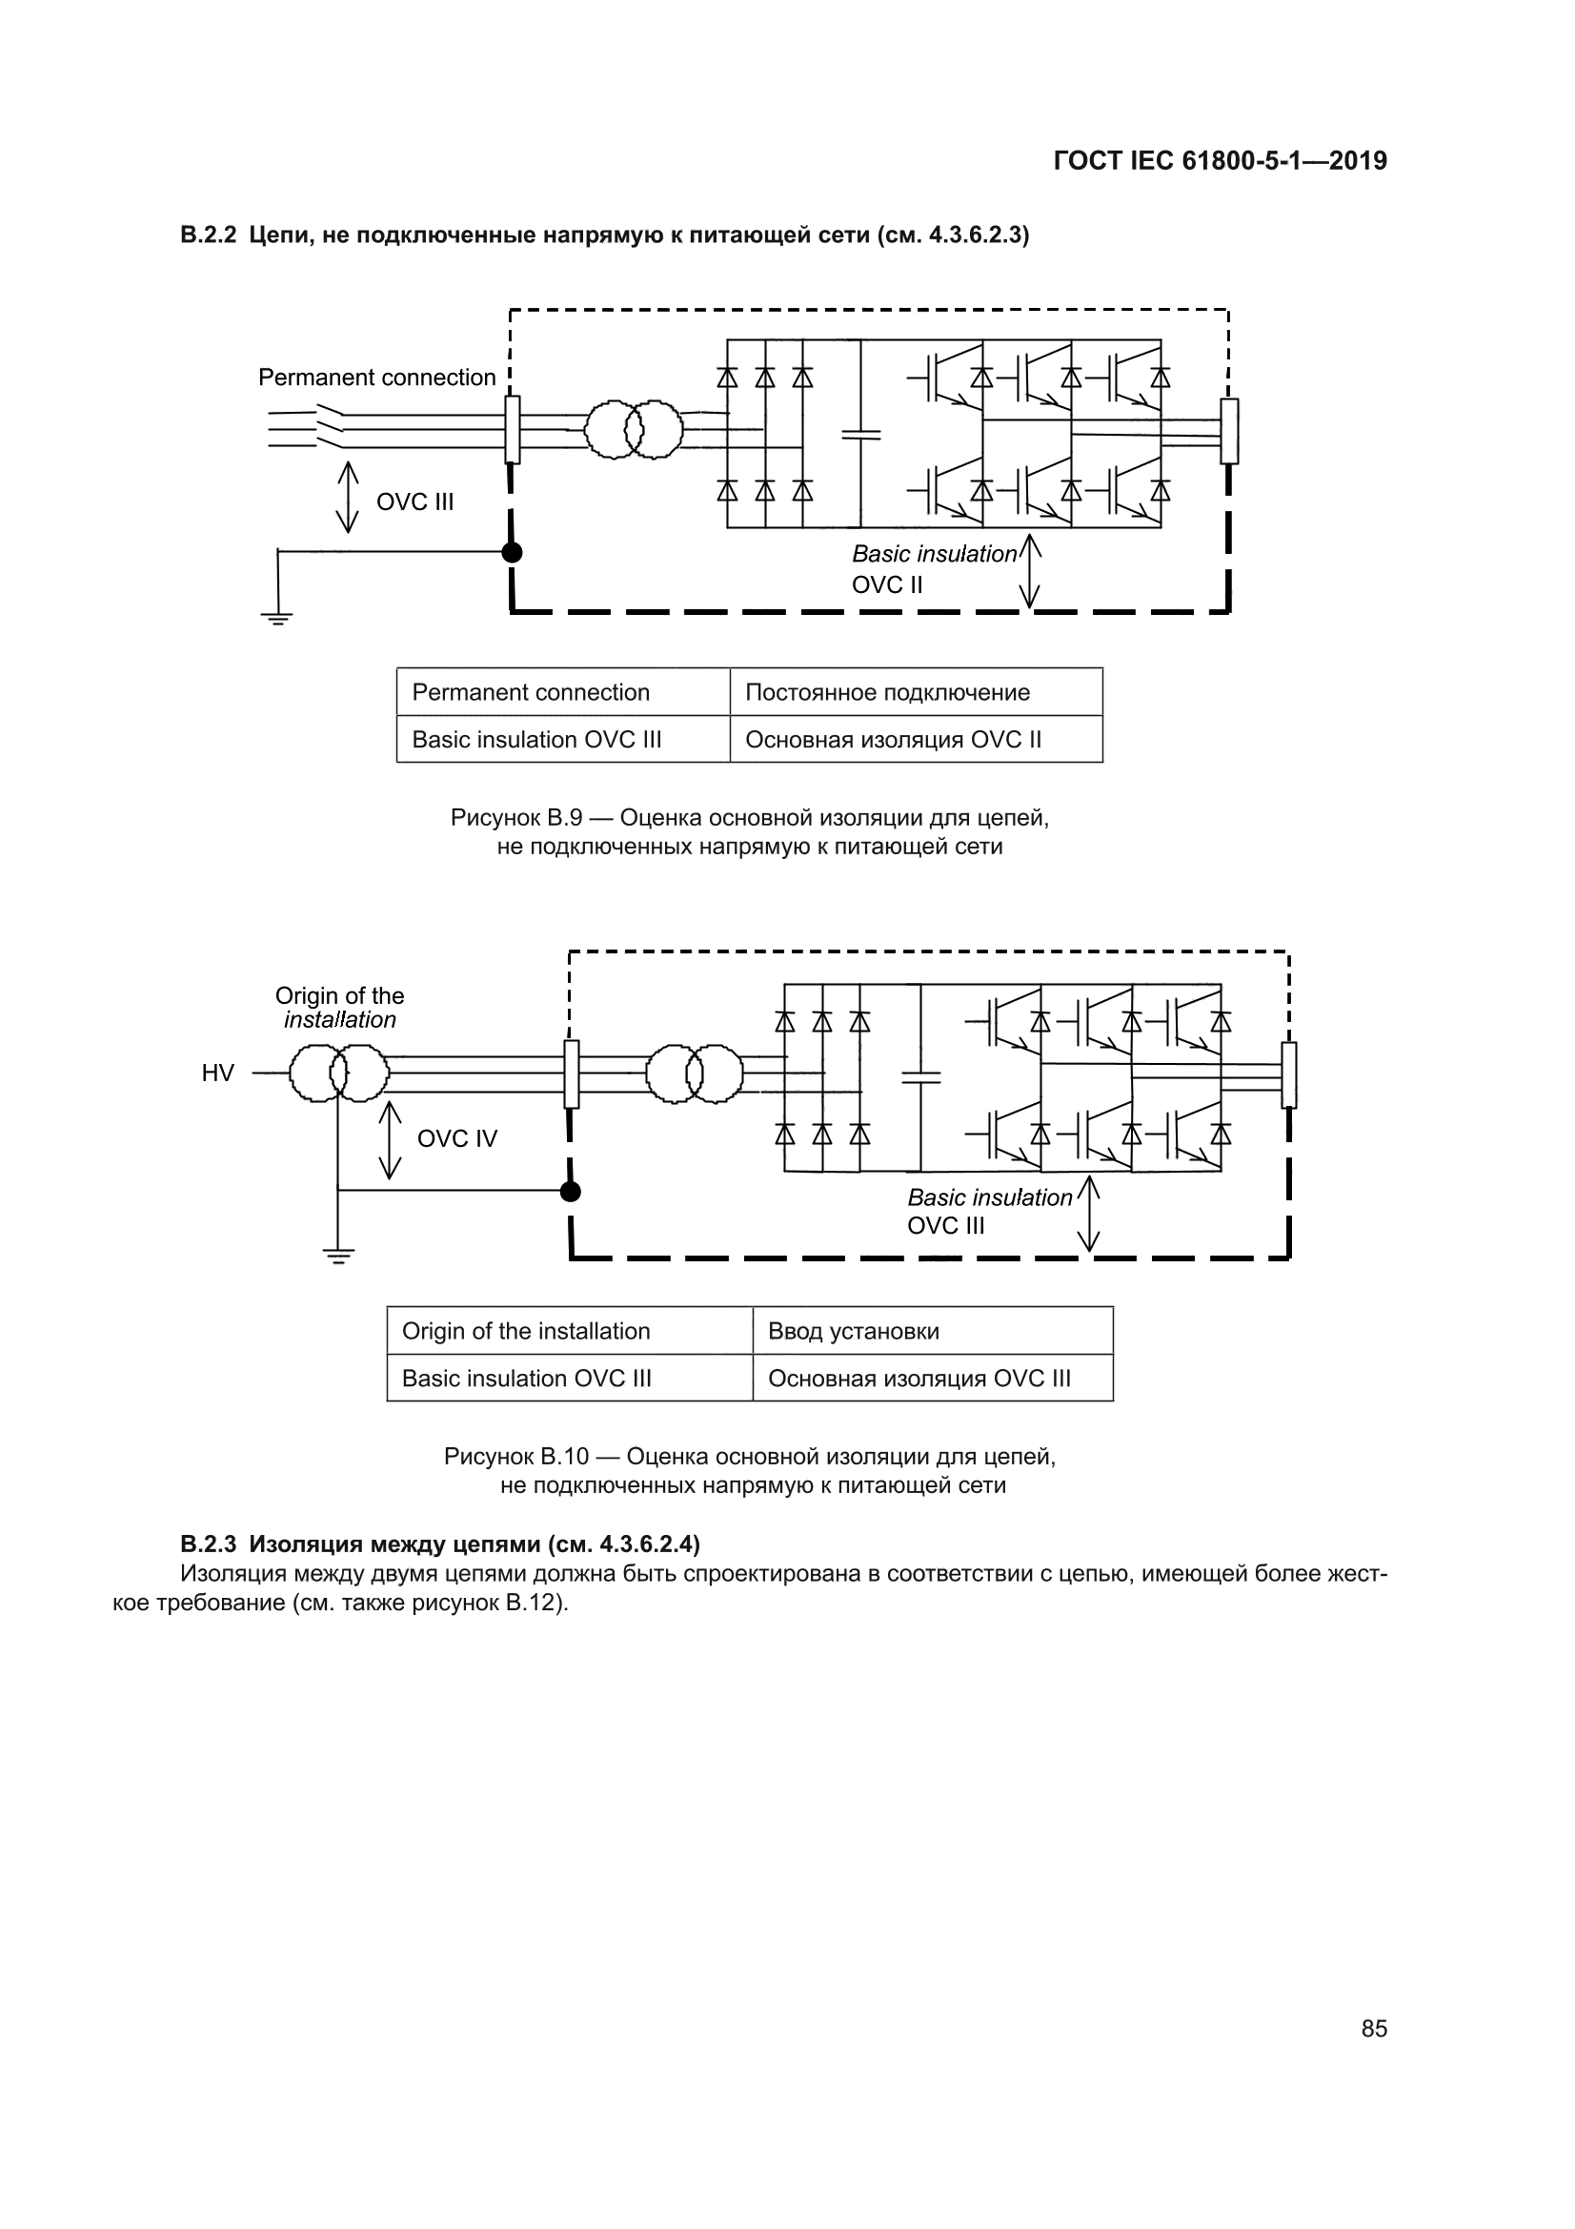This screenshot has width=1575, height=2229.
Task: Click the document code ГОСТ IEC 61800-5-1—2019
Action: tap(1220, 161)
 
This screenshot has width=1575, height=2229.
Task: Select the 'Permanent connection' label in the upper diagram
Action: tap(376, 378)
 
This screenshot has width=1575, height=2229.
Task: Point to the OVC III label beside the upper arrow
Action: tap(414, 501)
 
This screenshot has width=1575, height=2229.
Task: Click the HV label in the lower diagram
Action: tap(217, 1073)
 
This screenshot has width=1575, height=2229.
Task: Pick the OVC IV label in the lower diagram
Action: tap(457, 1138)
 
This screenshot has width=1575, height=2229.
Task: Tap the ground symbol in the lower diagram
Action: tap(337, 1256)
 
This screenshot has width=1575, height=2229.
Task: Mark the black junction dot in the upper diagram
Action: tap(512, 552)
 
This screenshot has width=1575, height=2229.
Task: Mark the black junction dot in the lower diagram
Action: tap(571, 1191)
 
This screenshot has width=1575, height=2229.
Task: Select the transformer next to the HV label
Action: tap(339, 1073)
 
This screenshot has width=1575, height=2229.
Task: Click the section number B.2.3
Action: tap(209, 1544)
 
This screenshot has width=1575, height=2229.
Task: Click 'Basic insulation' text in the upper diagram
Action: tap(935, 554)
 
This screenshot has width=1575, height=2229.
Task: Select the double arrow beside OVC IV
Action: tap(390, 1140)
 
